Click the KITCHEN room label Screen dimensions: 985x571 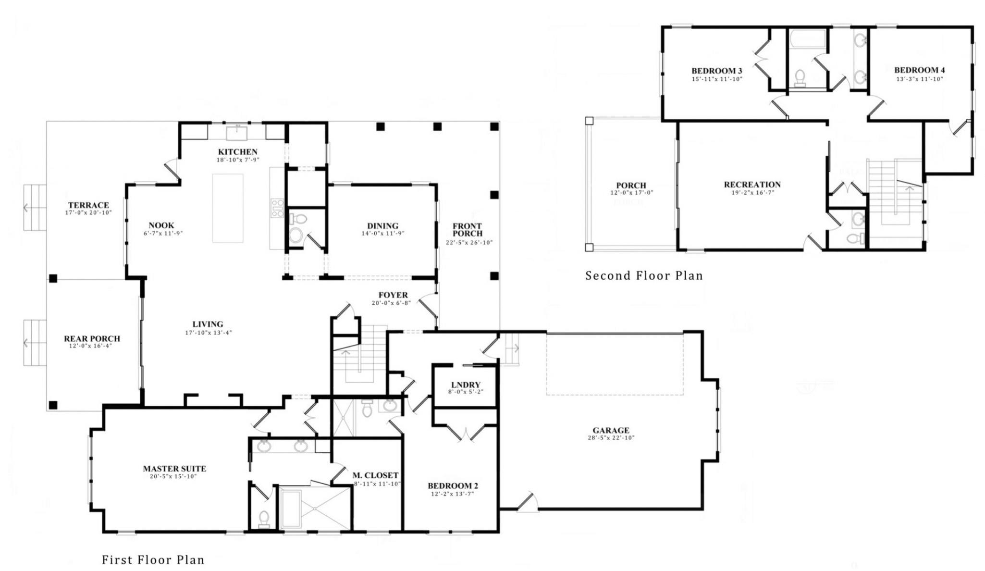click(238, 152)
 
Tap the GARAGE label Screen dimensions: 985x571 click(611, 431)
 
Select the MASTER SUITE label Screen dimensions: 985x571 click(174, 469)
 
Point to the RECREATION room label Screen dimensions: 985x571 click(752, 185)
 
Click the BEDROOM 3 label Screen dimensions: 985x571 click(717, 71)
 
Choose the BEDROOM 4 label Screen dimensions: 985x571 click(920, 70)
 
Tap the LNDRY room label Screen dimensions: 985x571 click(466, 385)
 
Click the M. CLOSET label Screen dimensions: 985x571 click(375, 476)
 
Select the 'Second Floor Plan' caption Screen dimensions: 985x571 click(644, 276)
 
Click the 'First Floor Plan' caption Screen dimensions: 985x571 click(153, 560)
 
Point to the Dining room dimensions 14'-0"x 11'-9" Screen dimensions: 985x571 click(382, 234)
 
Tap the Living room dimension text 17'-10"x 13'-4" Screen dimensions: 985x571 click(208, 333)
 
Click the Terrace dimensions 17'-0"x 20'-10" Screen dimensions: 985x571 click(88, 212)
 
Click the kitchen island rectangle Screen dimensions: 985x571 click(228, 208)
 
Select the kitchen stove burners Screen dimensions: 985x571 click(278, 208)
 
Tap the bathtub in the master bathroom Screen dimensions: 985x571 click(291, 509)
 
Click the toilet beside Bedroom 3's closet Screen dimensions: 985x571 click(800, 78)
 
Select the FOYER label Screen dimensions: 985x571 click(393, 295)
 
